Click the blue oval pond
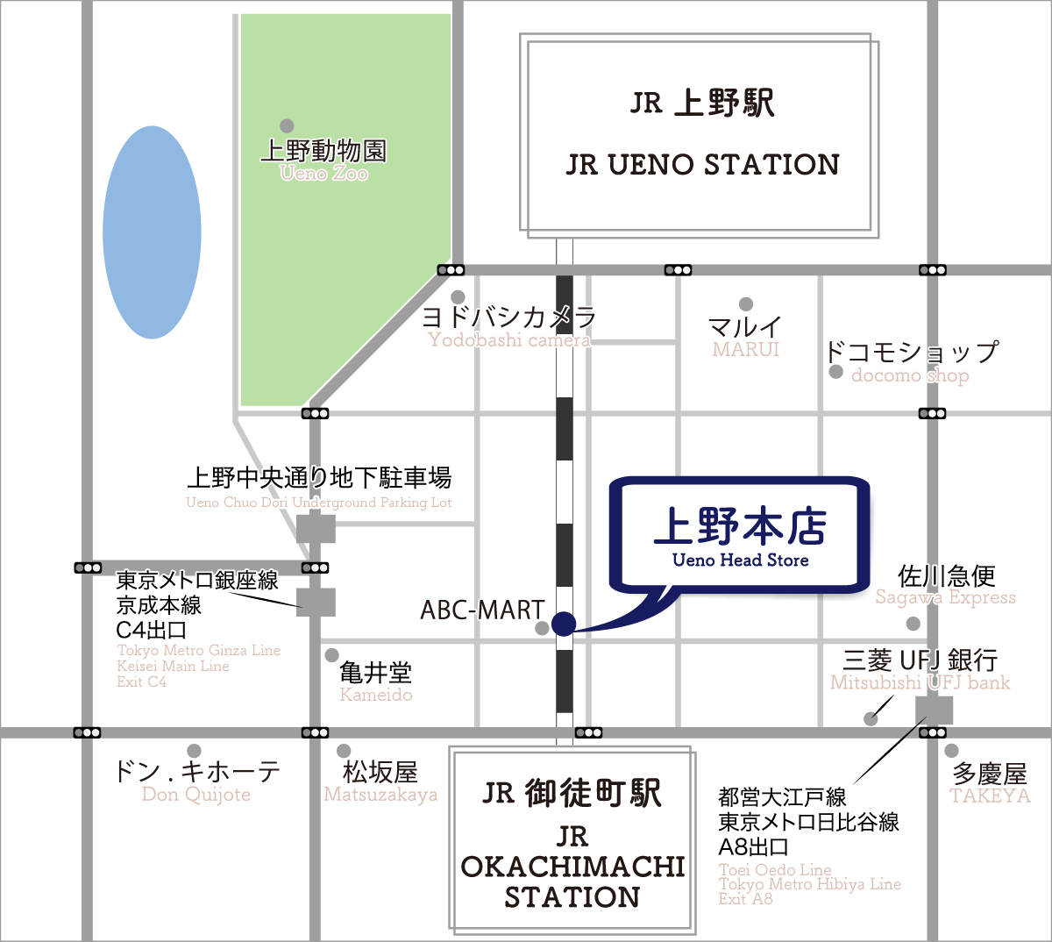[x=152, y=232]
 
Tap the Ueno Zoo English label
[x=324, y=173]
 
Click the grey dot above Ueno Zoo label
[x=287, y=125]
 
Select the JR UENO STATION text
[x=702, y=164]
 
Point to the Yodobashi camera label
[x=509, y=339]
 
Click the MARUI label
[x=746, y=349]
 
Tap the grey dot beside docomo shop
[x=836, y=372]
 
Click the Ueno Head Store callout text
[x=741, y=560]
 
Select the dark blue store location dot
[x=564, y=624]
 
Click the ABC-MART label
[x=482, y=610]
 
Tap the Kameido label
[x=376, y=695]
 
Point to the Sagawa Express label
[x=946, y=597]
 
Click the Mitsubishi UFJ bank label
[x=920, y=682]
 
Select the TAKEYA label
[x=990, y=796]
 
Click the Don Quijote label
[x=196, y=795]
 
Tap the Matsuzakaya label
[x=381, y=795]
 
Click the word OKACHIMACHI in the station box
[x=572, y=867]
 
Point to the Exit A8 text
[x=745, y=898]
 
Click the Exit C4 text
[x=142, y=682]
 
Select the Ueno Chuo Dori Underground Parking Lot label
[x=319, y=503]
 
